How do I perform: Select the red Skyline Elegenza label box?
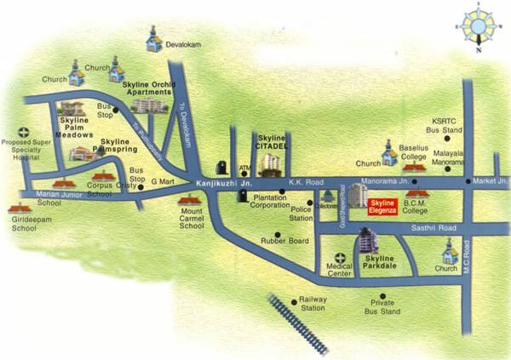382,206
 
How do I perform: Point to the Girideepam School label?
25,224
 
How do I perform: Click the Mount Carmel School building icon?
190,201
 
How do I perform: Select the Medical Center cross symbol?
340,258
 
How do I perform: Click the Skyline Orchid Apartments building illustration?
148,105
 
